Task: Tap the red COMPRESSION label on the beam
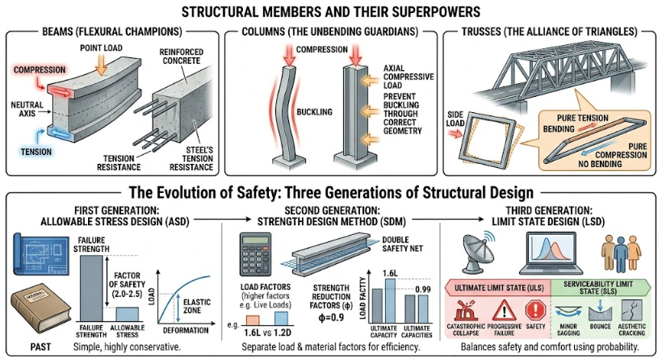click(40, 69)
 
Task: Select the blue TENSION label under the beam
click(36, 152)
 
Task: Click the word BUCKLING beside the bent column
click(314, 112)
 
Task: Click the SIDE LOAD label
click(455, 119)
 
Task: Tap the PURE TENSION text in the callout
click(583, 118)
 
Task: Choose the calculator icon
click(255, 254)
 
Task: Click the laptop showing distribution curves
click(551, 253)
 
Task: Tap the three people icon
click(621, 253)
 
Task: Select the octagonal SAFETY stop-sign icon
click(535, 310)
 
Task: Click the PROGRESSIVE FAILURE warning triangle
click(504, 311)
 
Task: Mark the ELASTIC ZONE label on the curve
click(197, 306)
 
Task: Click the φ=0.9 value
click(331, 317)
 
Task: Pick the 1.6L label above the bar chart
click(390, 273)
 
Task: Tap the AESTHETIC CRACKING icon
click(631, 311)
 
